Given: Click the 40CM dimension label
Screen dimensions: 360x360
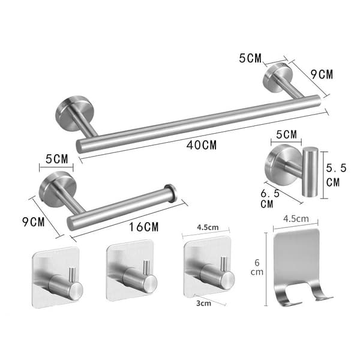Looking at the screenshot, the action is tap(202, 145).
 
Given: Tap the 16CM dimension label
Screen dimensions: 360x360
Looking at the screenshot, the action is tap(144, 227).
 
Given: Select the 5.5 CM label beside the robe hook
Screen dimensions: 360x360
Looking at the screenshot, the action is tap(336, 175).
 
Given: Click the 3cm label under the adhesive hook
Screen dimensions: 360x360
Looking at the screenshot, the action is tap(203, 303).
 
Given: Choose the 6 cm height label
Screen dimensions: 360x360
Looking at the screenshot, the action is tap(257, 267).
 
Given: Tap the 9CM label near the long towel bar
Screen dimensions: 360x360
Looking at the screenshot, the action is tap(322, 74).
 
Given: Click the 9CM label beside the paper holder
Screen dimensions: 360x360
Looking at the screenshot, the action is tap(34, 222).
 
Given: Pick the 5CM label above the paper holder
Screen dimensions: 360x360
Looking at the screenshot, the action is tap(57, 159).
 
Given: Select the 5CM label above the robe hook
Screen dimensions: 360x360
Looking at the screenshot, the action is tap(287, 134).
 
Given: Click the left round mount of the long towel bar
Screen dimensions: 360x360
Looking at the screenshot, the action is tap(73, 113).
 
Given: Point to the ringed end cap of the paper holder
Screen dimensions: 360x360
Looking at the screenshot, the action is tap(171, 193).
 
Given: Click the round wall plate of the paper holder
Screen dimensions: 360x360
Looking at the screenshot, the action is tap(57, 190).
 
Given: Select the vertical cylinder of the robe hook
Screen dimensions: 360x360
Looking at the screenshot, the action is tap(310, 172).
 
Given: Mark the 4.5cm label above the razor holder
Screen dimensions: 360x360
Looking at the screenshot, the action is tap(296, 218).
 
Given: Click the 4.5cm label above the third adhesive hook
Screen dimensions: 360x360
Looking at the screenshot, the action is tap(208, 227).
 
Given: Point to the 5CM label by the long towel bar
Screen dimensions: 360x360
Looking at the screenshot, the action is tap(250, 58).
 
